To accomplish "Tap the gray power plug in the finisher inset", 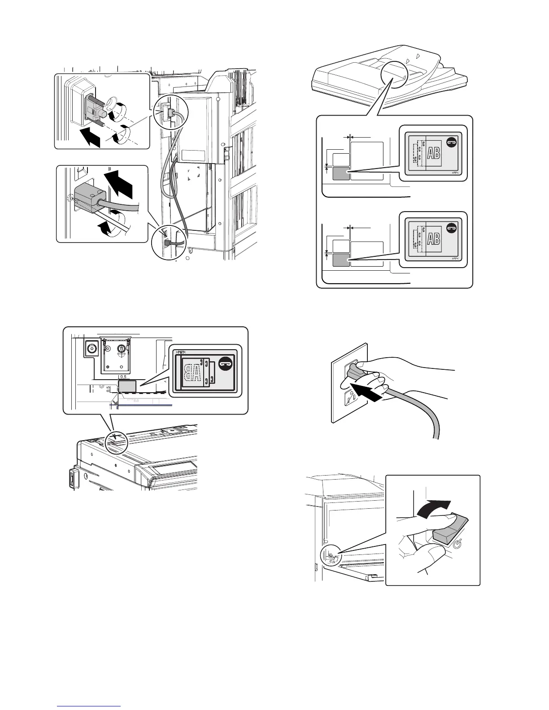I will click(87, 197).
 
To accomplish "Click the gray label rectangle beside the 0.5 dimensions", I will click(127, 385).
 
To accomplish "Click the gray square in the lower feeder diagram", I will click(341, 260).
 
